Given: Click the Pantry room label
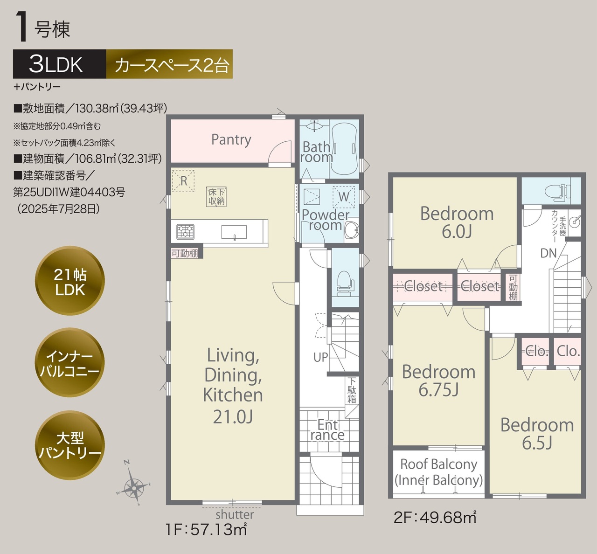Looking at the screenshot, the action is pyautogui.click(x=231, y=140).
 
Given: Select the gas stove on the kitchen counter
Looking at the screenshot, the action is pyautogui.click(x=185, y=232).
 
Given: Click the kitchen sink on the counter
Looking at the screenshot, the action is pyautogui.click(x=234, y=232).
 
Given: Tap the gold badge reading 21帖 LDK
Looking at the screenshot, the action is pyautogui.click(x=70, y=281).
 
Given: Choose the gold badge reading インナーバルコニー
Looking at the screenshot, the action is pyautogui.click(x=70, y=362).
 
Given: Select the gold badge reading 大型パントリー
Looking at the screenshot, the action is pyautogui.click(x=70, y=445).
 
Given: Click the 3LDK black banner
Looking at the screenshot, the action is pyautogui.click(x=60, y=64).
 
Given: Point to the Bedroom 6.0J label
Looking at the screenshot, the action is pyautogui.click(x=457, y=222).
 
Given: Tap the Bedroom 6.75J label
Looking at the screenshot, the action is pyautogui.click(x=438, y=381).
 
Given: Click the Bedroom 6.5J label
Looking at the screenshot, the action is pyautogui.click(x=537, y=434).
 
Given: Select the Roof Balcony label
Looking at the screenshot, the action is pyautogui.click(x=438, y=472).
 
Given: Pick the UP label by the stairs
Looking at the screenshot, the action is pyautogui.click(x=321, y=357).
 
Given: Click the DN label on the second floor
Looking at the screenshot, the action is pyautogui.click(x=548, y=253).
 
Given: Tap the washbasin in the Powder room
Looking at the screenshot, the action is pyautogui.click(x=352, y=230).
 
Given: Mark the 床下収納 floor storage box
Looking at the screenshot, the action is pyautogui.click(x=216, y=197).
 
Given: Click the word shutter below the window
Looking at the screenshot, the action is pyautogui.click(x=235, y=514).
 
